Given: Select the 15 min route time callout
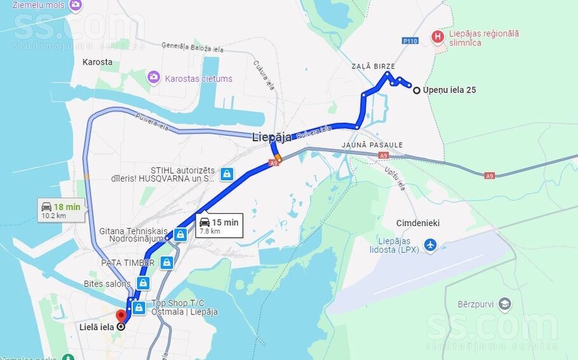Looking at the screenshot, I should (x=219, y=225).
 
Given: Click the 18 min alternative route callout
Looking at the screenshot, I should (x=61, y=210).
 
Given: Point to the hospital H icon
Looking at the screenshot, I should (x=437, y=37).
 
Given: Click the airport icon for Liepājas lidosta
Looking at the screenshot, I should (x=431, y=244).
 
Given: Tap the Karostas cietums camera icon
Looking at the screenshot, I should (x=153, y=77).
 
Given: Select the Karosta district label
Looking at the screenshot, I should (x=97, y=62).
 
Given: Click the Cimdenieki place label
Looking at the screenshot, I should (x=417, y=223).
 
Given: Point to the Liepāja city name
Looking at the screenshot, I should (x=271, y=137).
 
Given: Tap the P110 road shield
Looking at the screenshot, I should (x=410, y=41).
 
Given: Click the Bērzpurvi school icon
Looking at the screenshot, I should (x=505, y=303).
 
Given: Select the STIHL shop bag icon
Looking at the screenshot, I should (x=227, y=174).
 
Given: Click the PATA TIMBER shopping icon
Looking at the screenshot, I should (x=166, y=262).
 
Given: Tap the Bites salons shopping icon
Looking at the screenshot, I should (x=144, y=283).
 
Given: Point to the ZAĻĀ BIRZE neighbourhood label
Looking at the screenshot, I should (x=373, y=66).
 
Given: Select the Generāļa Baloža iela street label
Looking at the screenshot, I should (x=192, y=46).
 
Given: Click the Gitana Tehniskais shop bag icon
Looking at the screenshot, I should (x=180, y=235).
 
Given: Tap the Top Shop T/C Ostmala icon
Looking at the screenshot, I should (x=139, y=308).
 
